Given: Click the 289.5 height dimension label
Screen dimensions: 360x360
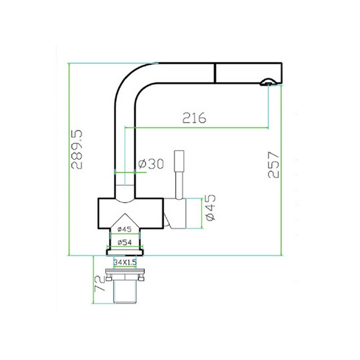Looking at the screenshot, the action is tap(76, 150).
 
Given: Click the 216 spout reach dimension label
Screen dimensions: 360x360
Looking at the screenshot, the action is tap(194, 118).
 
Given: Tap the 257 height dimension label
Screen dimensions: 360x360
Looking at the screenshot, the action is tap(274, 164).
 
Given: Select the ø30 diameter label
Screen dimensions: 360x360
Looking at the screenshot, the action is tap(151, 164).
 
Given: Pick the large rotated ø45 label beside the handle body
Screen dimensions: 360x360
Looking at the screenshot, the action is tap(211, 207).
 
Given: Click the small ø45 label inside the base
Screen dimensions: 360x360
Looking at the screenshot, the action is tap(124, 229).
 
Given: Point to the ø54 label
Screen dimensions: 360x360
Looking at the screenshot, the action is tap(125, 242).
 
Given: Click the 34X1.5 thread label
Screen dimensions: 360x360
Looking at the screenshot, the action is tap(125, 262).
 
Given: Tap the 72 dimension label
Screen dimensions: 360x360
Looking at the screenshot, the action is tap(99, 283).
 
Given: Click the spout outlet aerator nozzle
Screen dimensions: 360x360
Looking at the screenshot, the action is tap(268, 82).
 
